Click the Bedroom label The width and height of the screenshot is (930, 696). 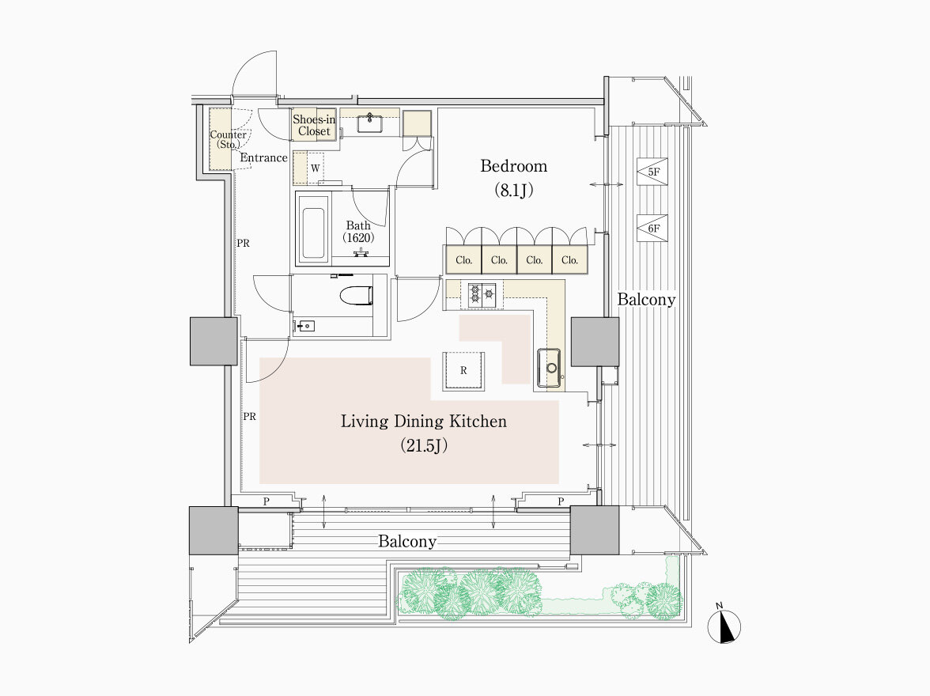pyautogui.click(x=514, y=166)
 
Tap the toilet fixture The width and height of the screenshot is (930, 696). pyautogui.click(x=356, y=295)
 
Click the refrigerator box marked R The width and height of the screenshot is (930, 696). pyautogui.click(x=463, y=370)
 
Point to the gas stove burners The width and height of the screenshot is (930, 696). pyautogui.click(x=482, y=293)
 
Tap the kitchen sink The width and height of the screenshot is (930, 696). pyautogui.click(x=549, y=368)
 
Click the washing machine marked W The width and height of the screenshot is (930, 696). pyautogui.click(x=315, y=168)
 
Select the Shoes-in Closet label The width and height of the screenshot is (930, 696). pyautogui.click(x=314, y=125)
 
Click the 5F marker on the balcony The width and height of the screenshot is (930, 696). pyautogui.click(x=652, y=172)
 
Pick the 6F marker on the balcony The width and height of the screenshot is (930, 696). pyautogui.click(x=652, y=229)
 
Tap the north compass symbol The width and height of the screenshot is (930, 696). pyautogui.click(x=724, y=626)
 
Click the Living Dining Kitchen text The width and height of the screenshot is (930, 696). pyautogui.click(x=424, y=422)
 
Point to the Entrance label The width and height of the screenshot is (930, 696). pyautogui.click(x=263, y=158)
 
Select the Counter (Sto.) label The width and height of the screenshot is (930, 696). pyautogui.click(x=228, y=139)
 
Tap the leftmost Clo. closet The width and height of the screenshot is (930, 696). pyautogui.click(x=463, y=260)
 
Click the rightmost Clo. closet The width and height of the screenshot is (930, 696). pyautogui.click(x=569, y=260)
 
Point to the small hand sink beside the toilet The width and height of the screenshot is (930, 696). pyautogui.click(x=305, y=326)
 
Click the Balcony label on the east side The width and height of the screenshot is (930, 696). pyautogui.click(x=646, y=300)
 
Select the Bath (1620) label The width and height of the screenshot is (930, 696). pyautogui.click(x=358, y=232)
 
